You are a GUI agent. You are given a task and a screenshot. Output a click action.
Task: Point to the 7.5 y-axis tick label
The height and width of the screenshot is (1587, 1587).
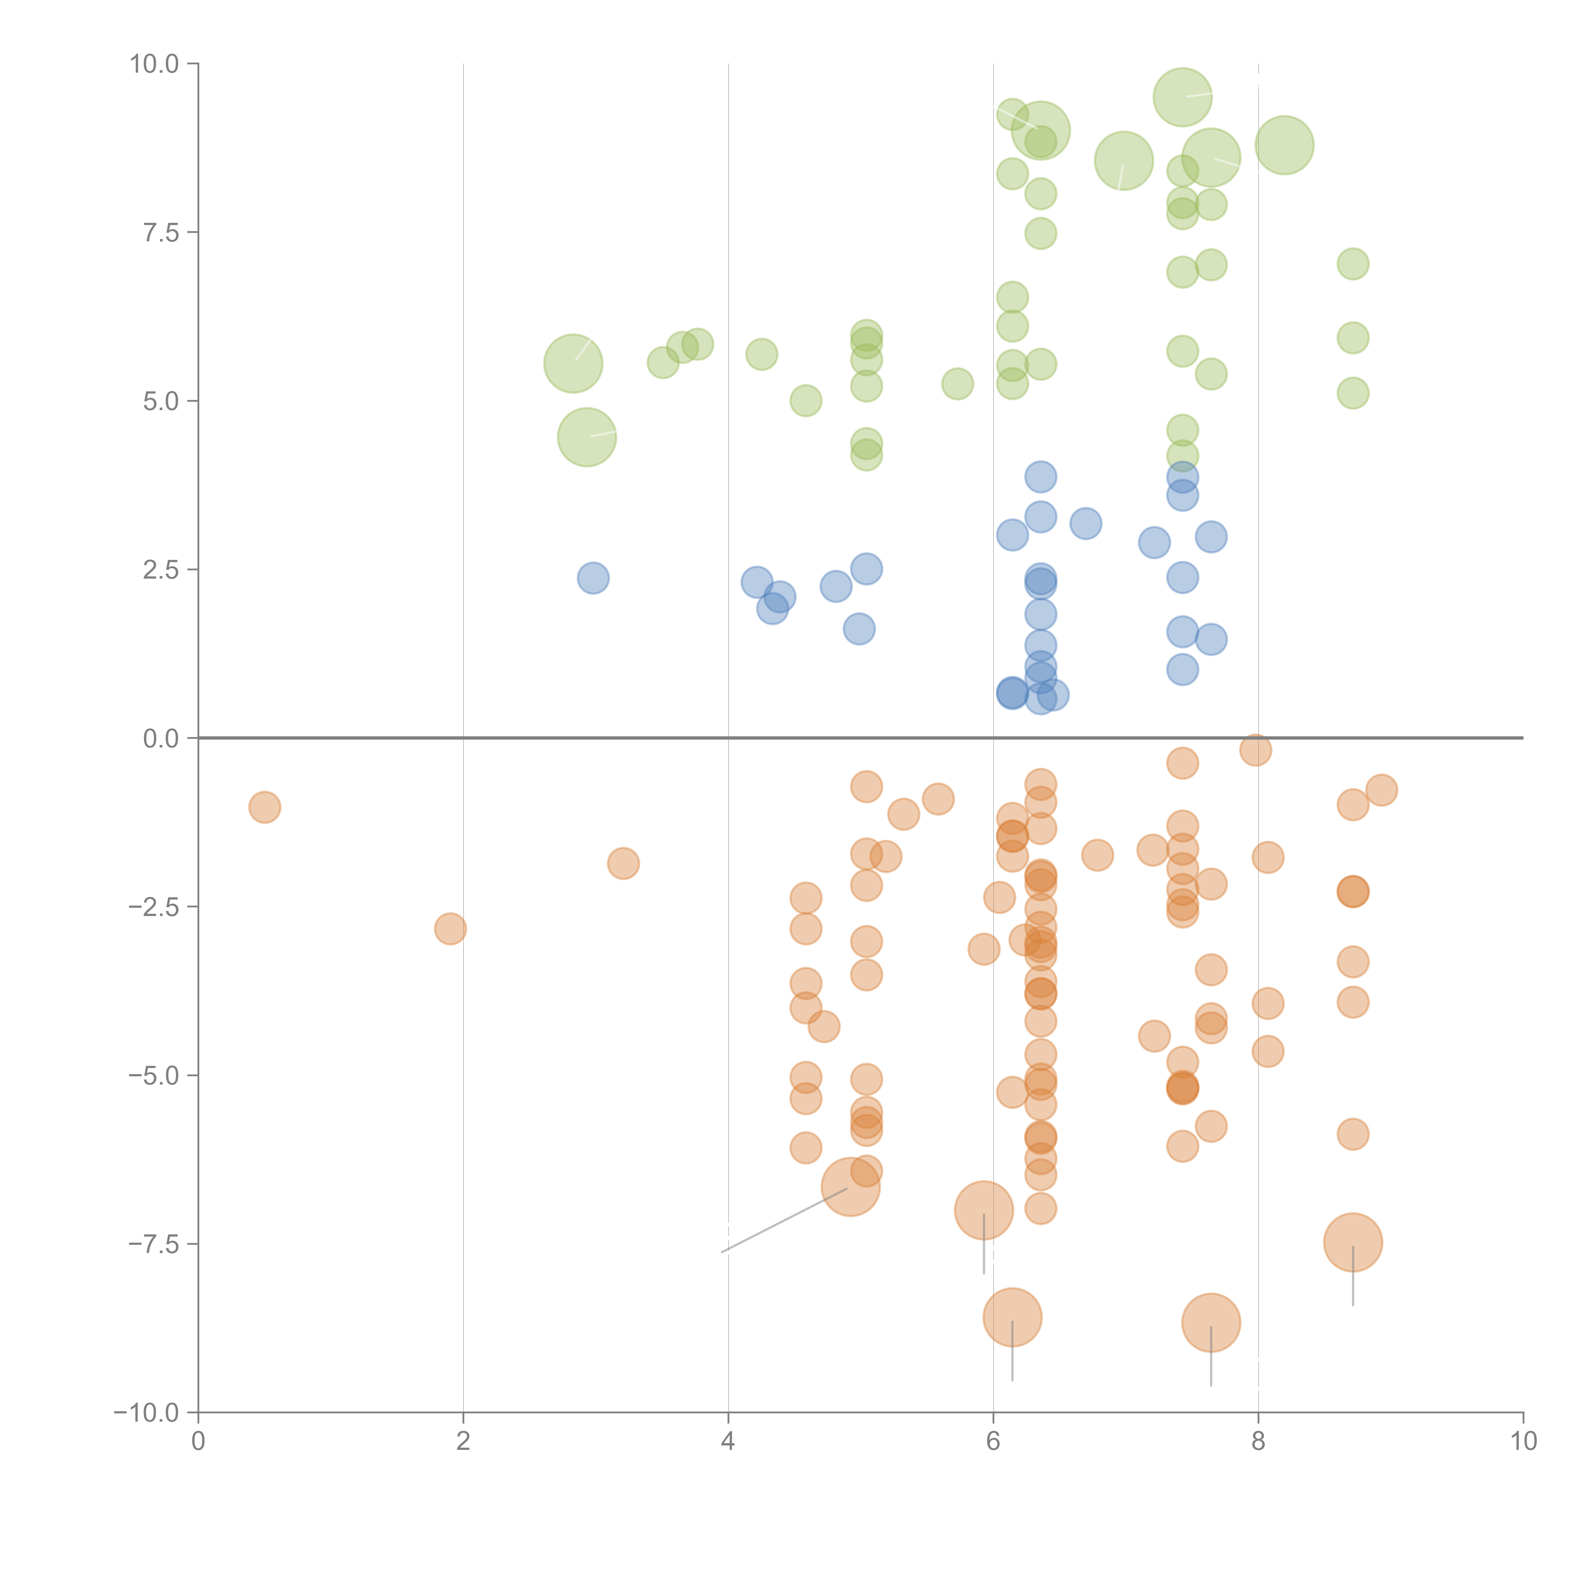click(x=161, y=232)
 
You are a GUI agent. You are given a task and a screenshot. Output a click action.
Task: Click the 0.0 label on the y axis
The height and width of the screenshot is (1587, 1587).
click(x=161, y=739)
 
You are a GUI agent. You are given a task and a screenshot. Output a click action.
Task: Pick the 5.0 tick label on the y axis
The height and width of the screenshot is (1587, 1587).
click(x=161, y=401)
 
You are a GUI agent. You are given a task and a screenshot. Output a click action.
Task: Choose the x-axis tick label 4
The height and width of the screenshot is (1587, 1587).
click(x=728, y=1442)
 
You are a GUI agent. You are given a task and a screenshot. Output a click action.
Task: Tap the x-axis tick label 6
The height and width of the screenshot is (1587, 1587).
click(x=993, y=1442)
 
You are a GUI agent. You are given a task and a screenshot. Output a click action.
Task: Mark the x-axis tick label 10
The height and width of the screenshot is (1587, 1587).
click(x=1523, y=1442)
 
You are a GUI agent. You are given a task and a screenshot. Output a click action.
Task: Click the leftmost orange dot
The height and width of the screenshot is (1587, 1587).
click(x=264, y=807)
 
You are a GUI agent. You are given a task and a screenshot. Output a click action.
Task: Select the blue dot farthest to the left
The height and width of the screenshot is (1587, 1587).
click(x=593, y=578)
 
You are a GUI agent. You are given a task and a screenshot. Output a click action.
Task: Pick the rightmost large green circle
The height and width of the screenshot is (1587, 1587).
click(x=1284, y=145)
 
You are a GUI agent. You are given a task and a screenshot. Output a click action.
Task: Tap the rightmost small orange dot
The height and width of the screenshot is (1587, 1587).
click(x=1382, y=790)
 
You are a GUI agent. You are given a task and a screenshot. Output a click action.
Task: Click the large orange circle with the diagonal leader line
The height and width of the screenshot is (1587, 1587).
click(x=851, y=1187)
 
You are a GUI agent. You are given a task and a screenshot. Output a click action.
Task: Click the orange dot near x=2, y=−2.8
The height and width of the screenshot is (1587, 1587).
click(x=450, y=929)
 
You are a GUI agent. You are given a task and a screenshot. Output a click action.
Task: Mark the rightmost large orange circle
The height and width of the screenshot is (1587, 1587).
click(x=1353, y=1243)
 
